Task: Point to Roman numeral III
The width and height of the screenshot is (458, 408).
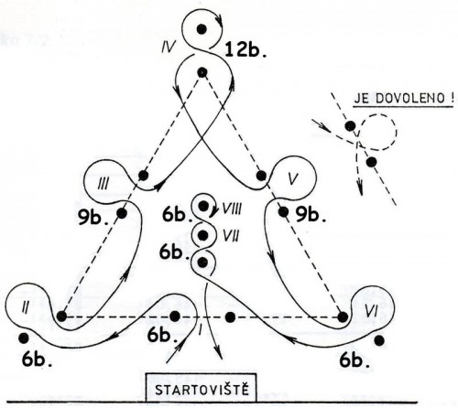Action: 104,183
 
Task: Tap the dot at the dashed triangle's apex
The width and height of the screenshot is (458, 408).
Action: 201,72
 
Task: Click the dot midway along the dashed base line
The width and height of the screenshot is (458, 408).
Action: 229,317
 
